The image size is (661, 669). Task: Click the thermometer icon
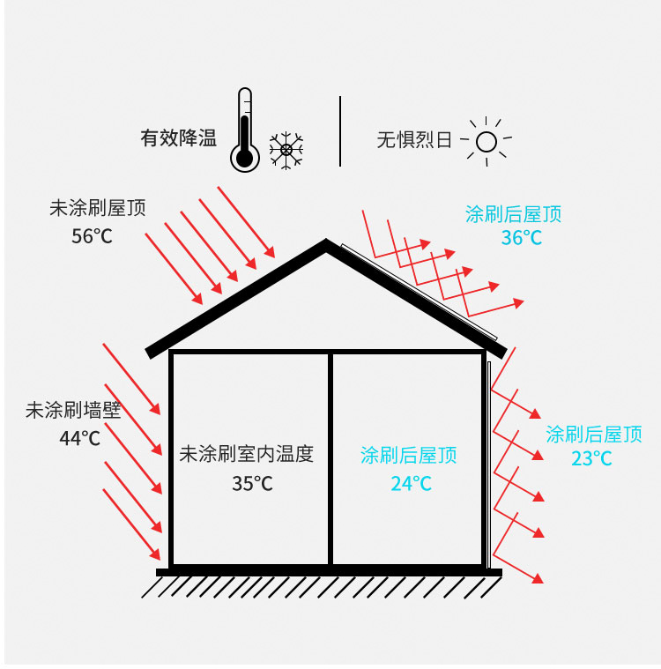tap(244, 130)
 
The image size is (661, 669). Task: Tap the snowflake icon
tap(286, 150)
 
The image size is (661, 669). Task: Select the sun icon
tap(486, 141)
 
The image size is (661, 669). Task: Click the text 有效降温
tap(178, 138)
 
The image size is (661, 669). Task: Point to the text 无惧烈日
tap(414, 139)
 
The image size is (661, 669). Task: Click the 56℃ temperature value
tap(92, 236)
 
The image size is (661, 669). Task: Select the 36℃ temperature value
tap(522, 238)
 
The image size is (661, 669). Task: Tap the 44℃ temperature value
tap(80, 438)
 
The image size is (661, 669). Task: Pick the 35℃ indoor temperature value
tap(252, 483)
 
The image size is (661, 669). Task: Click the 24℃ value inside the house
tap(411, 483)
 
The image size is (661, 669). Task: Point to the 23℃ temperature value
tap(591, 458)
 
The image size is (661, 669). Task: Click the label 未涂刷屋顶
tap(98, 208)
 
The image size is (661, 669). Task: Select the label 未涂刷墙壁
tap(73, 410)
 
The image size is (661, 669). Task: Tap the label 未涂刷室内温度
tap(247, 454)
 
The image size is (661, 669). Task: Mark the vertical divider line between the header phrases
tap(340, 131)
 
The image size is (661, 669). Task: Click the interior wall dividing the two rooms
tap(330, 459)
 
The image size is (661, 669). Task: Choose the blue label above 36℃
tap(513, 214)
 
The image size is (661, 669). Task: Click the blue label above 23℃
tap(594, 435)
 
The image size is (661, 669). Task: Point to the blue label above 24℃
tap(409, 455)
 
